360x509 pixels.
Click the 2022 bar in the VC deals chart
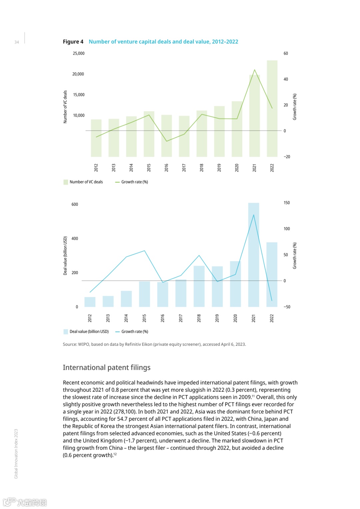[272, 108]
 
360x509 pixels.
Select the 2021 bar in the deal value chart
[253, 255]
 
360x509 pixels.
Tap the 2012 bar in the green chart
[96, 138]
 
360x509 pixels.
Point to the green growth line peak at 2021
[255, 70]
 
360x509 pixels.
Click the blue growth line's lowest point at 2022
[272, 301]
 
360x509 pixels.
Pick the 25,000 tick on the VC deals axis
[79, 53]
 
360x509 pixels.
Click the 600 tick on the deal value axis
[75, 204]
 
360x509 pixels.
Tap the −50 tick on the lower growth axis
[287, 307]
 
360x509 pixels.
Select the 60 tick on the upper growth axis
[286, 53]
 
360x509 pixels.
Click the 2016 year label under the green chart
[166, 168]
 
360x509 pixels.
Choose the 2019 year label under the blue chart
[217, 318]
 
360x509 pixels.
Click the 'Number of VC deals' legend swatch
[66, 182]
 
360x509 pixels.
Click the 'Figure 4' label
[73, 42]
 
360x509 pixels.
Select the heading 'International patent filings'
[107, 367]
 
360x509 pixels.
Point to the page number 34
[17, 42]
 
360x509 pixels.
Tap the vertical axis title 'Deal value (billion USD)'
[65, 255]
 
